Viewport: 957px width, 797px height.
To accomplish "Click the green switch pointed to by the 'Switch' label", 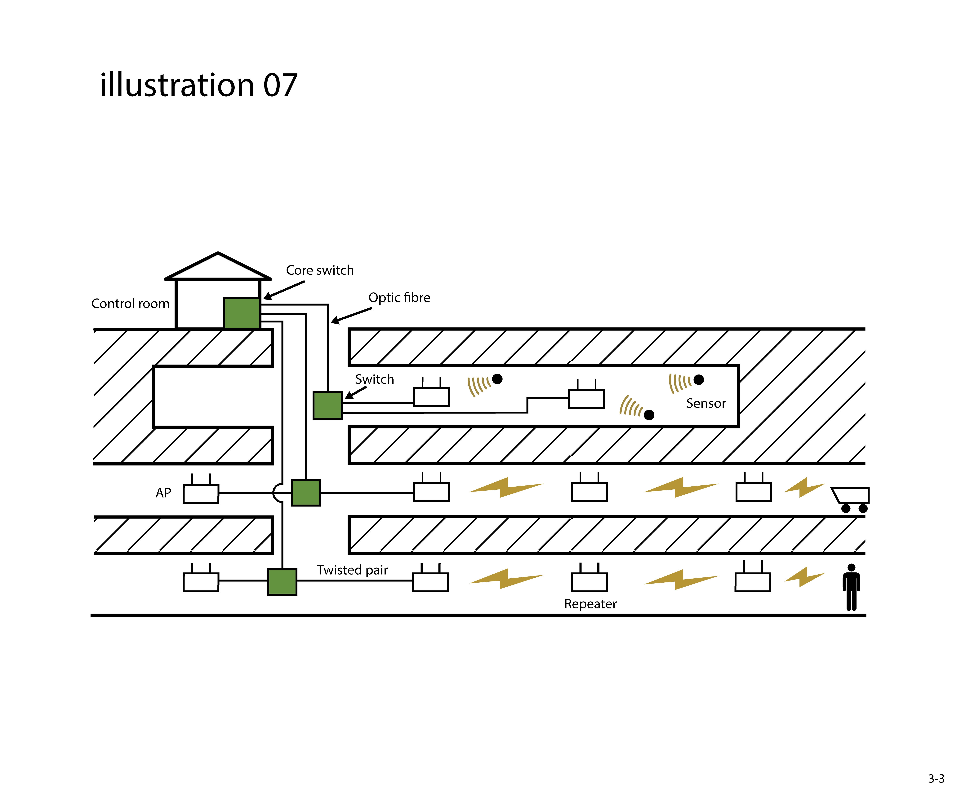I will pos(327,405).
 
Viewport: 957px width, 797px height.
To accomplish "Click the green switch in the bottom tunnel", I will pos(282,582).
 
